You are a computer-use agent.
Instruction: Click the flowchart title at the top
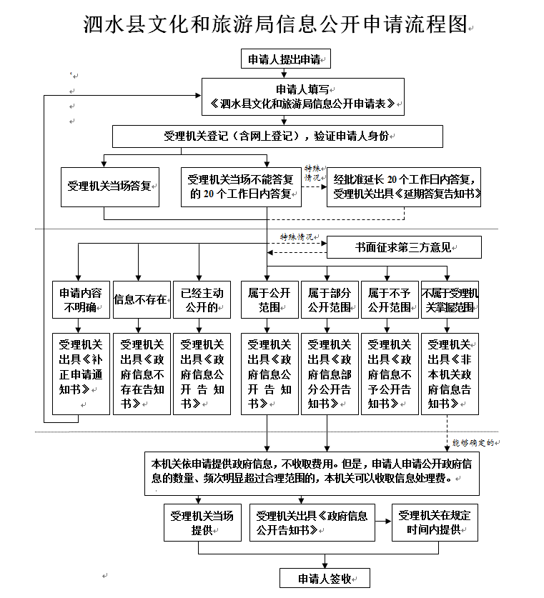pyautogui.click(x=276, y=24)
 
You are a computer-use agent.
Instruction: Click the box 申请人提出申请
pyautogui.click(x=285, y=59)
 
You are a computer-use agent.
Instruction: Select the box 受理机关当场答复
pyautogui.click(x=110, y=187)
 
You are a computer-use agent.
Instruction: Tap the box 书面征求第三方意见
pyautogui.click(x=404, y=247)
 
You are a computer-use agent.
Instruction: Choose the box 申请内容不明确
pyautogui.click(x=81, y=300)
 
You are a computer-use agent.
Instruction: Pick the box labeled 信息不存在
pyautogui.click(x=142, y=300)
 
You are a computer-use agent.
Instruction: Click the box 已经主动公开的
pyautogui.click(x=202, y=300)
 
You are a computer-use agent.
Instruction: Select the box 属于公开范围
pyautogui.click(x=269, y=300)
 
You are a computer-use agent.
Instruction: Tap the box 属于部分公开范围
pyautogui.click(x=330, y=300)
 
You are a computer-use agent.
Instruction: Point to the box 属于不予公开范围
pyautogui.click(x=390, y=300)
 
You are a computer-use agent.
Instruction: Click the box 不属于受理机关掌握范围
pyautogui.click(x=450, y=300)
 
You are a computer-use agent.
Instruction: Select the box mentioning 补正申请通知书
pyautogui.click(x=81, y=374)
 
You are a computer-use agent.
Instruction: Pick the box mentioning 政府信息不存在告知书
pyautogui.click(x=142, y=374)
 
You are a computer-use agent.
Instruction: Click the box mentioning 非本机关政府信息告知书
pyautogui.click(x=450, y=374)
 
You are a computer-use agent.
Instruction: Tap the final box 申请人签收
pyautogui.click(x=325, y=578)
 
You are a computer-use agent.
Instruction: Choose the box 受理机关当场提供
pyautogui.click(x=202, y=522)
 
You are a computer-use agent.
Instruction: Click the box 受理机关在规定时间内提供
pyautogui.click(x=435, y=522)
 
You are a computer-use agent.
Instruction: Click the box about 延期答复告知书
pyautogui.click(x=404, y=187)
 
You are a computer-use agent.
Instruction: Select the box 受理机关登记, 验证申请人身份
pyautogui.click(x=277, y=136)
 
